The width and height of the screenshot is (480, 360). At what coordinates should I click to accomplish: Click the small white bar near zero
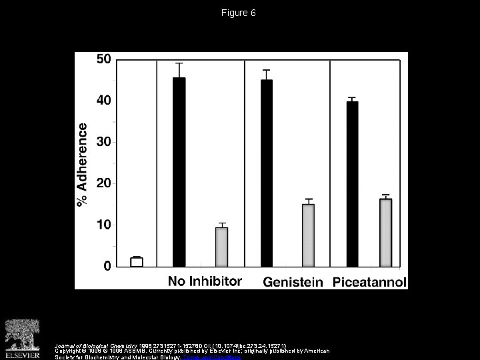(137, 262)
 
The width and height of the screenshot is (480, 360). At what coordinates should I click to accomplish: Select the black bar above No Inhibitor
(179, 172)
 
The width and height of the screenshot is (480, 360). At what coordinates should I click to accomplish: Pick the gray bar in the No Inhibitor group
(221, 247)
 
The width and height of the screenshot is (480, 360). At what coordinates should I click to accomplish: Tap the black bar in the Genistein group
(266, 173)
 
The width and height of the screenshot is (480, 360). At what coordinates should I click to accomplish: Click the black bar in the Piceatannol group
(353, 184)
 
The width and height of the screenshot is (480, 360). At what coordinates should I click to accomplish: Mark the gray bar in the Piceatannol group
(385, 233)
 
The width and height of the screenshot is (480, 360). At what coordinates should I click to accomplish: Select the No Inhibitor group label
(204, 281)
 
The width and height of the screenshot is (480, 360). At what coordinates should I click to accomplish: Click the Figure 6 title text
(240, 13)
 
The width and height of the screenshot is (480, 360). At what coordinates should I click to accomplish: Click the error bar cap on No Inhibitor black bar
(179, 63)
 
